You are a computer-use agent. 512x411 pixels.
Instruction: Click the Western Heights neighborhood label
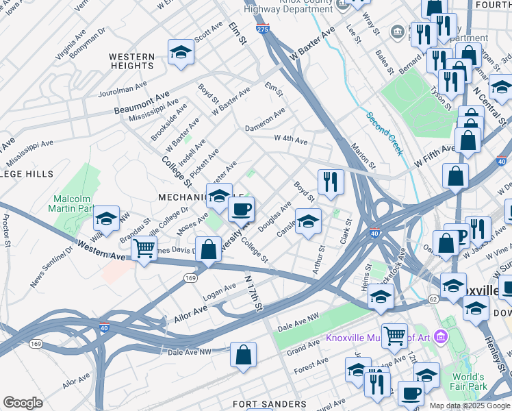131,61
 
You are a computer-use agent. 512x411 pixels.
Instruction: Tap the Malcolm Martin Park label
73,203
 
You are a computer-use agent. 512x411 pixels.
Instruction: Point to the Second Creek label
384,134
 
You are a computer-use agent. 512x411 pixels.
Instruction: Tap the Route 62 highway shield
433,299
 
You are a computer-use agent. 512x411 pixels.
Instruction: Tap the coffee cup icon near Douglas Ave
240,209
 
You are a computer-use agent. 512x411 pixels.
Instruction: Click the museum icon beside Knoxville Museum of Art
439,336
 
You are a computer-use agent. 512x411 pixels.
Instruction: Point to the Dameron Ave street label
266,120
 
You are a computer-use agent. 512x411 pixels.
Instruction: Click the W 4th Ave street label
291,139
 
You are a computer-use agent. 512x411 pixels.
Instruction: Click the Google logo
23,403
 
